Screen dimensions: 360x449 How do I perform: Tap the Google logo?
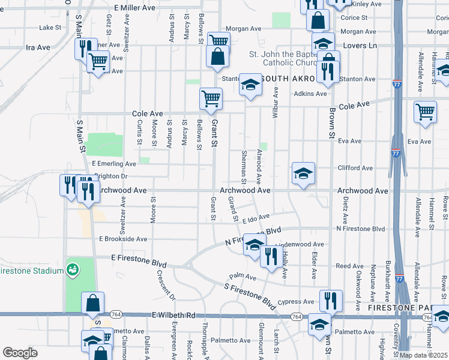coord(20,353)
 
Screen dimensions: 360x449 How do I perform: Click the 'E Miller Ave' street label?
coord(134,7)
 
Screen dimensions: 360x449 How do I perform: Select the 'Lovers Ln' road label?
coord(359,46)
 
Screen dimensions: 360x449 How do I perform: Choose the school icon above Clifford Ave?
coord(304,173)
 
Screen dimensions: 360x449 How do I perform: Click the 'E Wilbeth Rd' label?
coord(174,314)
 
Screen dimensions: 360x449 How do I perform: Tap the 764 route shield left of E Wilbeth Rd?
coord(116,314)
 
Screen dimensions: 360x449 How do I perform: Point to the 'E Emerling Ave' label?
coord(114,163)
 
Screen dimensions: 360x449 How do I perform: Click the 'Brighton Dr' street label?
coord(112,176)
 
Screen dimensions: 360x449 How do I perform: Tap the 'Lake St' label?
coord(50,28)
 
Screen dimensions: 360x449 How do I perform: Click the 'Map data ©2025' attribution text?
coord(423,355)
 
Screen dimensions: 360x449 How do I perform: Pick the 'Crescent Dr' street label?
coord(166,285)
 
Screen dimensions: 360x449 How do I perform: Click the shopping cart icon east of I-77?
coord(425,112)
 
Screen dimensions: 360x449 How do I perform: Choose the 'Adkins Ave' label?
coord(310,94)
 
